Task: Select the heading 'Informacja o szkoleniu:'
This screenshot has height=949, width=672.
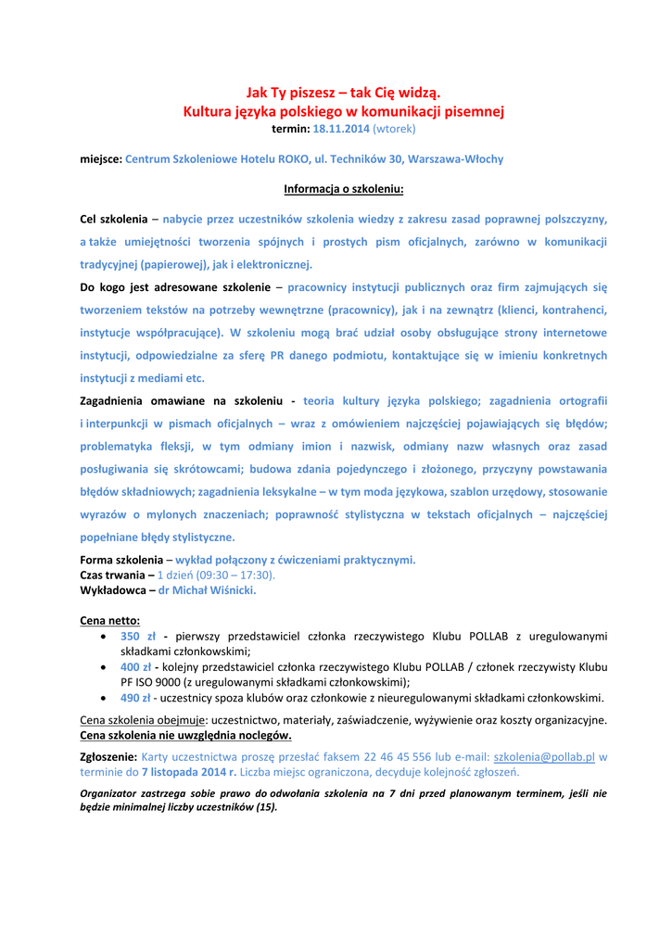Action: coord(344,190)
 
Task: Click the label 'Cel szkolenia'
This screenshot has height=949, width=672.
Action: coord(114,220)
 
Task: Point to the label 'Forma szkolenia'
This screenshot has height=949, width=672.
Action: coord(120,560)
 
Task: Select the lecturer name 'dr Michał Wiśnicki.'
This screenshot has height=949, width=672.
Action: coord(207,589)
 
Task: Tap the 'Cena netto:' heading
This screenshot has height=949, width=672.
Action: coord(110,620)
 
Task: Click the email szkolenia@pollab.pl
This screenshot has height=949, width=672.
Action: coord(543,756)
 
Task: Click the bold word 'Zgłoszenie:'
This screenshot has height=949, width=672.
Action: coord(109,756)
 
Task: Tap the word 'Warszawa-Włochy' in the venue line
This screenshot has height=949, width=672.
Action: coord(456,159)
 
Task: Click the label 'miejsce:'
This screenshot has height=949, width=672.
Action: coord(101,159)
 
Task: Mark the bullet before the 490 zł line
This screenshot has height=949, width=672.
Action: coord(103,698)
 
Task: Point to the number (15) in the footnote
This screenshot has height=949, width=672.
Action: coord(267,807)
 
